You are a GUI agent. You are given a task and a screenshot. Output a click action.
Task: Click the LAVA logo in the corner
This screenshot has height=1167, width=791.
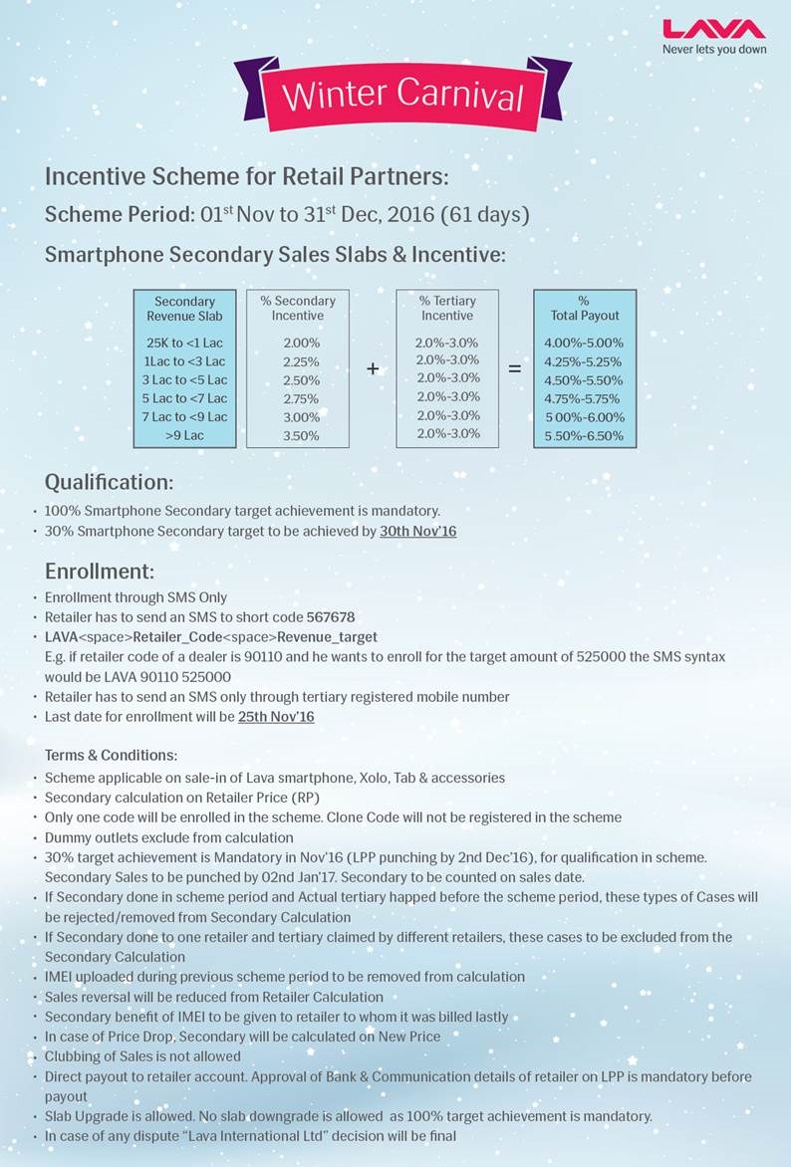click(713, 29)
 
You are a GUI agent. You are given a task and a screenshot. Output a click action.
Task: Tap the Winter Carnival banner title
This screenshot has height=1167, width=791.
click(402, 95)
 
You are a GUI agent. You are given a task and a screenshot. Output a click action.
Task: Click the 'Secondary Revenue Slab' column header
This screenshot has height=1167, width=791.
click(184, 309)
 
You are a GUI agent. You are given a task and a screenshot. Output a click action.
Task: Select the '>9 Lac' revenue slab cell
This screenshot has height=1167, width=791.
click(184, 435)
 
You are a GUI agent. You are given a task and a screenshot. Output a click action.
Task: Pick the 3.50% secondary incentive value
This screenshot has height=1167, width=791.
click(301, 435)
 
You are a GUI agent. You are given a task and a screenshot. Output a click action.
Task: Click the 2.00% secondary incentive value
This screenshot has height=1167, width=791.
click(301, 343)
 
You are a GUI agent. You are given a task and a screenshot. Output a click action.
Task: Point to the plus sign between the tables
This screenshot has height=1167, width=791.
click(373, 368)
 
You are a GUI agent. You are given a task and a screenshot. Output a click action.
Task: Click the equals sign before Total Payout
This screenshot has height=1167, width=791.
click(515, 368)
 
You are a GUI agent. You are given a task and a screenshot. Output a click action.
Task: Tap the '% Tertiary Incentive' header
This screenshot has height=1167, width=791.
click(447, 308)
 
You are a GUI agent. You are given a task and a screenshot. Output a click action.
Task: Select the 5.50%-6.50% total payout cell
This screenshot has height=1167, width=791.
click(584, 436)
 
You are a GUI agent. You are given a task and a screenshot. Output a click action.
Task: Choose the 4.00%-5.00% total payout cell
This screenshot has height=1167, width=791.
click(584, 343)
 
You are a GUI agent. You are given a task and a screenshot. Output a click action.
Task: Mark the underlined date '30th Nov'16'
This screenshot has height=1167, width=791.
click(417, 532)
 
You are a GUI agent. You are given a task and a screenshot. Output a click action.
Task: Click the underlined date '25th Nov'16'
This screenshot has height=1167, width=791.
click(276, 717)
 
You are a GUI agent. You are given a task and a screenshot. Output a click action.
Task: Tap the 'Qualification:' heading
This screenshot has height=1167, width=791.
click(109, 483)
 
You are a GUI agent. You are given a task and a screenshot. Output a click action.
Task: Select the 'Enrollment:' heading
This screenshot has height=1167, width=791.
click(100, 572)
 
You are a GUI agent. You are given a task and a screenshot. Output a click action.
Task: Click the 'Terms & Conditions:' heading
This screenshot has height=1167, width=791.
click(111, 756)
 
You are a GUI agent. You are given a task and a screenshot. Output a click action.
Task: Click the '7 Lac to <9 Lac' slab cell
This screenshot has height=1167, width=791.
click(184, 416)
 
